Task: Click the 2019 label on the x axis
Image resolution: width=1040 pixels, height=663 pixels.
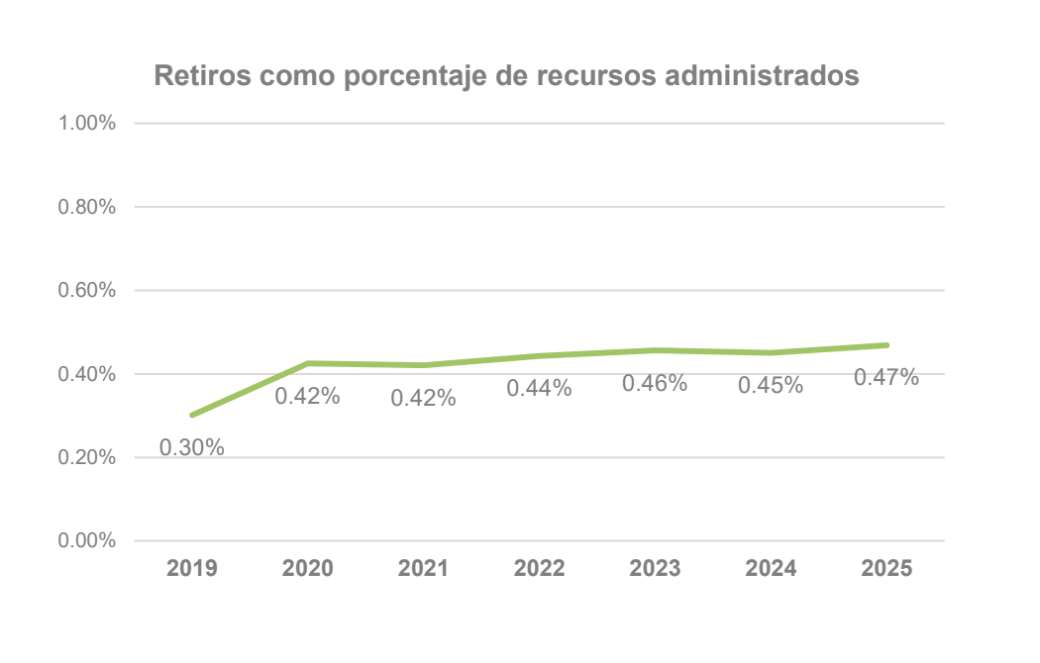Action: pos(191,569)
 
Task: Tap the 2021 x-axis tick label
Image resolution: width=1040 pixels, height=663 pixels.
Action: pos(423,569)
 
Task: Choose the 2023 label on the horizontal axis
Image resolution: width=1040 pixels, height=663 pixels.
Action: pos(655,569)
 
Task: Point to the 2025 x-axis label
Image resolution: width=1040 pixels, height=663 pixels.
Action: pos(886,569)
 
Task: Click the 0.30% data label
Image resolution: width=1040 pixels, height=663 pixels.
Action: pos(192,447)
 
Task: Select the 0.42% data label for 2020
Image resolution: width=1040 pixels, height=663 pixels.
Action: pos(307,396)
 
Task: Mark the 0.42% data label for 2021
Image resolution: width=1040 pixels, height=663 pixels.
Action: pos(423,398)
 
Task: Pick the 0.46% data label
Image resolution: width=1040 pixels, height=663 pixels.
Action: pos(655,383)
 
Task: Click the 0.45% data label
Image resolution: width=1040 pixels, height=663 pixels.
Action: pos(771,386)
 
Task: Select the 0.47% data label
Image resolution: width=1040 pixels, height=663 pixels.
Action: pos(886,377)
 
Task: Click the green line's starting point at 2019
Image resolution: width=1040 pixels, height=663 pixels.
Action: pos(192,415)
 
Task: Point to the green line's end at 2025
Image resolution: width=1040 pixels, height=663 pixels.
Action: pos(886,345)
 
